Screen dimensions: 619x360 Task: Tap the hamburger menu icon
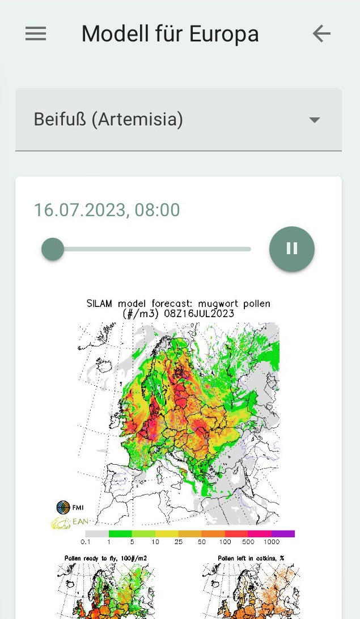(x=36, y=34)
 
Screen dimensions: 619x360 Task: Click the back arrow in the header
(x=321, y=34)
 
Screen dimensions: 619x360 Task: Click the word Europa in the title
(x=224, y=34)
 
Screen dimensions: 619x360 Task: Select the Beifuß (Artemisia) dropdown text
(x=108, y=120)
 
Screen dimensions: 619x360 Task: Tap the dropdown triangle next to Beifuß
(x=314, y=120)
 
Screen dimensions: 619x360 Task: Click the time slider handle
(x=53, y=249)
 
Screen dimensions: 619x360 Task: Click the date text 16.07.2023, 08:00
(x=107, y=210)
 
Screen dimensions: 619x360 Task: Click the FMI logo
(x=63, y=507)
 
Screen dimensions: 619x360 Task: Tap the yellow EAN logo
(x=62, y=522)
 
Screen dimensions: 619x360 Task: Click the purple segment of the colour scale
(x=283, y=534)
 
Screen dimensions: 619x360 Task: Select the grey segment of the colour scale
(x=96, y=534)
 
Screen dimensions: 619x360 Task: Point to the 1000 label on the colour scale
(x=272, y=542)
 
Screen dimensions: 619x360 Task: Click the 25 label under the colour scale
(x=178, y=542)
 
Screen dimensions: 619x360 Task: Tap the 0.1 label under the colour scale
(x=86, y=542)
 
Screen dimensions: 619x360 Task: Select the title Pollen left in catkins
(x=251, y=558)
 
